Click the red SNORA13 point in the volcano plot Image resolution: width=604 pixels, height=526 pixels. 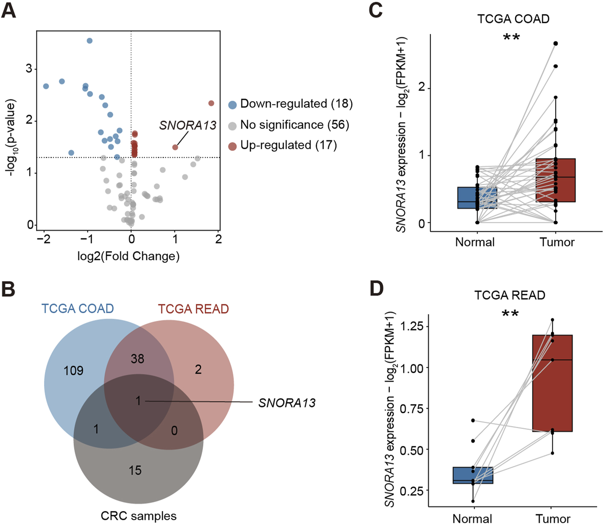point(175,147)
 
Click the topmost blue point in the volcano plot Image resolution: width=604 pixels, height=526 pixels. point(89,41)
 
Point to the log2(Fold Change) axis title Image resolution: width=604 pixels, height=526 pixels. point(128,256)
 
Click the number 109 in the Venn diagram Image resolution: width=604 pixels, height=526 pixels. point(73,371)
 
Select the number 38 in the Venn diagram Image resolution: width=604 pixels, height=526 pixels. point(137,359)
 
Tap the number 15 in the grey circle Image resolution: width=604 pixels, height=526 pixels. point(135,470)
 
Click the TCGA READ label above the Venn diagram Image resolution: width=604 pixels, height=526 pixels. point(193,309)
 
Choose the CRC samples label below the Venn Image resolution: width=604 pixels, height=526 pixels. point(138,516)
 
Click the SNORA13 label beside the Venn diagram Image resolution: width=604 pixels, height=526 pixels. point(287,403)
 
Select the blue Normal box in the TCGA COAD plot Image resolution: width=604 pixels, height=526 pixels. point(477,198)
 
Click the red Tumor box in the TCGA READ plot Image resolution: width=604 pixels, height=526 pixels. point(552,383)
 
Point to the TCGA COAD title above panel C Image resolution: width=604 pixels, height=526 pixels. point(513,19)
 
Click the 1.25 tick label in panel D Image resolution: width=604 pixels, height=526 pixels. point(411,327)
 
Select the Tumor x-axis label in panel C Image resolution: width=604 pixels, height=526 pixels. point(557,242)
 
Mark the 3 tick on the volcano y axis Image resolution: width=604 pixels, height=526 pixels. point(29,69)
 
